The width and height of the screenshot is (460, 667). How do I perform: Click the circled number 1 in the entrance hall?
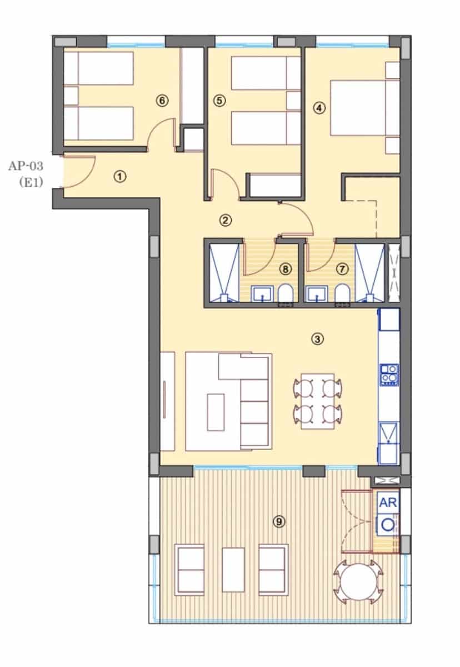[119, 177]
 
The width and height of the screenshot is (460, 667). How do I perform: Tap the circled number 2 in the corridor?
[226, 220]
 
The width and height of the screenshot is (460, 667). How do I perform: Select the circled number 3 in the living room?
[317, 339]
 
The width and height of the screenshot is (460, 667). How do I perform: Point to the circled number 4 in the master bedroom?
[318, 108]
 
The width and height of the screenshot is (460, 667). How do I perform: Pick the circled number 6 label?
[162, 101]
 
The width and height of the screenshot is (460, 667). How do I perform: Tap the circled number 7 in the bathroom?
[342, 269]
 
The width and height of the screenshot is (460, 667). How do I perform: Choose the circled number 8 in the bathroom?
[286, 269]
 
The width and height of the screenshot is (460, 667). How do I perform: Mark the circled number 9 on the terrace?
[279, 521]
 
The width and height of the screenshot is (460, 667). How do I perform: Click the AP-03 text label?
[26, 165]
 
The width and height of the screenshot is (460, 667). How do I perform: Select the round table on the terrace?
[358, 581]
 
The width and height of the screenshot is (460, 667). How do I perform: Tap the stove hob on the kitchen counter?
[389, 375]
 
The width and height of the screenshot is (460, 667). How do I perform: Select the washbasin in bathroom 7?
[317, 293]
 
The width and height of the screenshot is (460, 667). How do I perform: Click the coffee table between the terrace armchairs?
[233, 569]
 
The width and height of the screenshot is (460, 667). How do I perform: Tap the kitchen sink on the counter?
[388, 434]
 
